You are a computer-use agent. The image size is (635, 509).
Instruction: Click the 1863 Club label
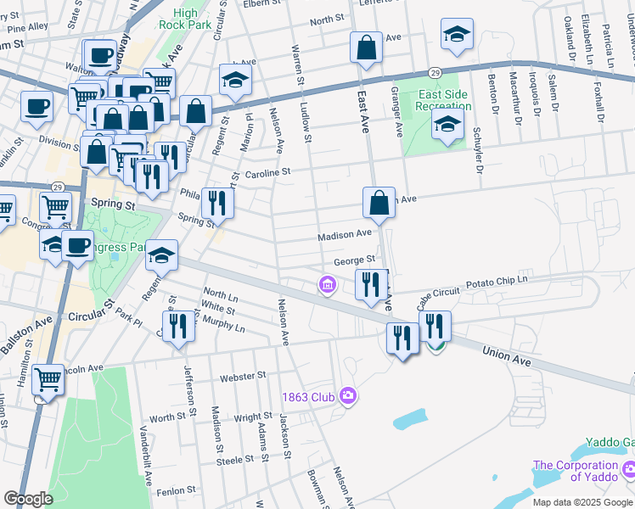309,396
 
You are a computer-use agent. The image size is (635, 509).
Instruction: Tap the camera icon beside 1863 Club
346,395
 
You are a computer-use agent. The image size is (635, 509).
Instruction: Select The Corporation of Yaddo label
576,471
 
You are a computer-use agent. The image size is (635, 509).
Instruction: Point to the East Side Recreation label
443,100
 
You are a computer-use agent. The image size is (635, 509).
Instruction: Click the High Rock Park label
196,19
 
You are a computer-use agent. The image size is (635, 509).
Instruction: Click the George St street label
354,260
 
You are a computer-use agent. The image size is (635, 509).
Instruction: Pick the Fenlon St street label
177,489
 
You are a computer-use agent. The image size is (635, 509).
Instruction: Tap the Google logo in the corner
28,498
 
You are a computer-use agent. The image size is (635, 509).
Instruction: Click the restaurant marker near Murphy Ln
178,325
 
